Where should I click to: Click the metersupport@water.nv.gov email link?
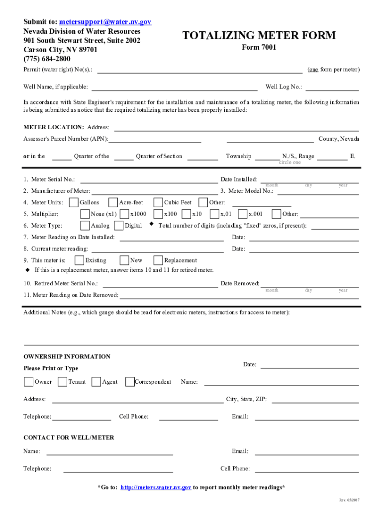[105, 22]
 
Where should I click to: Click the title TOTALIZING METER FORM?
[259, 35]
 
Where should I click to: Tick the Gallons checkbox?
[74, 202]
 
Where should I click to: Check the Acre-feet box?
[113, 202]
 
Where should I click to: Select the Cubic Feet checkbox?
[158, 202]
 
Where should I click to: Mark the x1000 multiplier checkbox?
[124, 214]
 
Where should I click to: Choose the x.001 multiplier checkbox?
[243, 214]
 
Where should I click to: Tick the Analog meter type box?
[85, 226]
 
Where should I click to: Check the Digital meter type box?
[118, 226]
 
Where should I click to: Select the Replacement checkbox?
[158, 260]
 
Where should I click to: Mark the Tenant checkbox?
[62, 382]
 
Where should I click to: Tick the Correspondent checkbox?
[130, 382]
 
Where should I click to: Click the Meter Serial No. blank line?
[149, 180]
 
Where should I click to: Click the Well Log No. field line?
[332, 88]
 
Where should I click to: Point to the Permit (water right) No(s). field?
[199, 71]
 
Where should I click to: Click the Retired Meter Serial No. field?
[159, 285]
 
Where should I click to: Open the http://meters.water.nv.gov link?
[156, 488]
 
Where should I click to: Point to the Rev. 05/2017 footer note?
[349, 500]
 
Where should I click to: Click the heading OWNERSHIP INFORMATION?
[67, 356]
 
